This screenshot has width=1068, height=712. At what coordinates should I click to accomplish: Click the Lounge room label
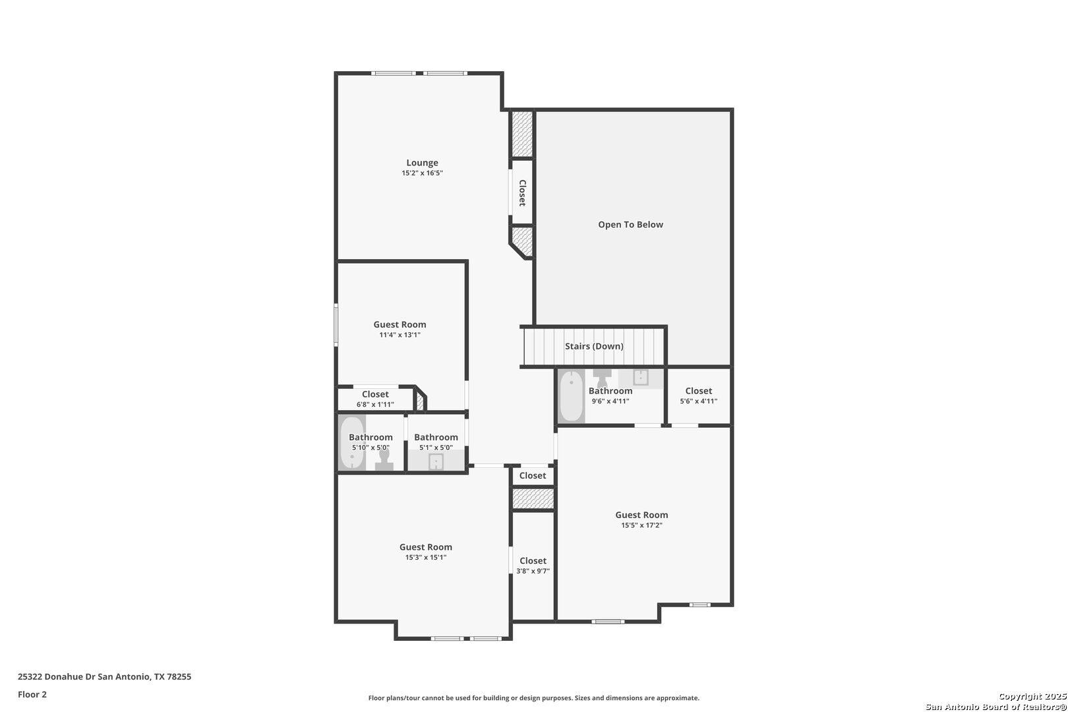[x=422, y=163]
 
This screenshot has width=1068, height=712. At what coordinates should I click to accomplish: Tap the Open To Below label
[x=630, y=225]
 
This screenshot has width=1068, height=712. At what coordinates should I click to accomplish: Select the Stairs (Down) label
[x=594, y=346]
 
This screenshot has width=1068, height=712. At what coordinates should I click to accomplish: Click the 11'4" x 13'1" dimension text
[x=400, y=335]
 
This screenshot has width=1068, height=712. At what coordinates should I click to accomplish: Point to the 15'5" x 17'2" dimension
[x=641, y=525]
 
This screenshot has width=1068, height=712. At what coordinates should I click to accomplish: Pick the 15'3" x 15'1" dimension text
[x=426, y=557]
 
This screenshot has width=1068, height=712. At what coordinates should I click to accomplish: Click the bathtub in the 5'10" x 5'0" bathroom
[x=352, y=443]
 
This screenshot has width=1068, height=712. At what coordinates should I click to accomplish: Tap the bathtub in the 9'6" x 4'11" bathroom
[x=571, y=396]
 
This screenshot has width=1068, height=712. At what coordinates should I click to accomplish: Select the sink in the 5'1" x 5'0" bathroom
[x=436, y=461]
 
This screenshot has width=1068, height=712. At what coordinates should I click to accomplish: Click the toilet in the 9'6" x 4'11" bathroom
[x=602, y=378]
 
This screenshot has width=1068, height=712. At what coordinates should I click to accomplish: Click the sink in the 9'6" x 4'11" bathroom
[x=640, y=377]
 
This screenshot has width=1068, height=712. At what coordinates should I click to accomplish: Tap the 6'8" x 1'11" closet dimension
[x=375, y=404]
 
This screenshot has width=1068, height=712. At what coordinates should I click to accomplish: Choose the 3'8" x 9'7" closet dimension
[x=533, y=571]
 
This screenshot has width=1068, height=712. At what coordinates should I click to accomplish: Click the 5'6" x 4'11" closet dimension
[x=699, y=401]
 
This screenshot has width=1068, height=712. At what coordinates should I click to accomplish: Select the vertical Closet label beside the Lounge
[x=523, y=193]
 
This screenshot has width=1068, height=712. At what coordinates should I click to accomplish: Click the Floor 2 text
[x=32, y=694]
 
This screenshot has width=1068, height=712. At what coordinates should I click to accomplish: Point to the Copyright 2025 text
[x=1032, y=697]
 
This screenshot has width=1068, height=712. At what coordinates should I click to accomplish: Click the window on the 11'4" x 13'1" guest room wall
[x=336, y=325]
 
